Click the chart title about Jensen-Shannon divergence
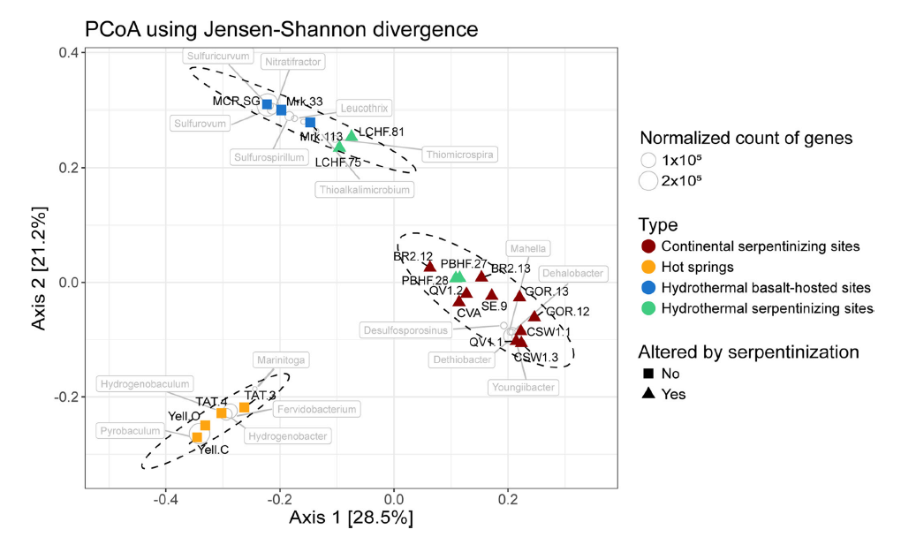click(281, 28)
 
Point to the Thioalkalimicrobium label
click(365, 189)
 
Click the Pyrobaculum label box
click(131, 431)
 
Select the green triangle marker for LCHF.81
click(352, 135)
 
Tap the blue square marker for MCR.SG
click(267, 104)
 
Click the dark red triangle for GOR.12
click(534, 316)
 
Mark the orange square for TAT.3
click(244, 407)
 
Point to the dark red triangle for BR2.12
click(429, 266)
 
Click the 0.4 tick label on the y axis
click(67, 53)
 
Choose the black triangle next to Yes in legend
click(648, 394)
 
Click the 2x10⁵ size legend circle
click(648, 181)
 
